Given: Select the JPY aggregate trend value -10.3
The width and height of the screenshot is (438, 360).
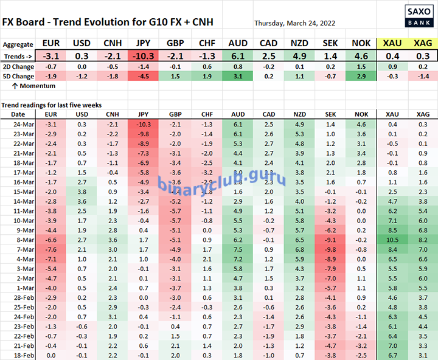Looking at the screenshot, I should click(x=144, y=55).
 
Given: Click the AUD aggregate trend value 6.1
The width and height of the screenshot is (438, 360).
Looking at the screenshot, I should click(x=237, y=55).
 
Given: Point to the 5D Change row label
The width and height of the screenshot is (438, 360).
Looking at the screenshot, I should click(x=18, y=76).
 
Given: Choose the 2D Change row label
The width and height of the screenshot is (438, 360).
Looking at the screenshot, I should click(x=18, y=66).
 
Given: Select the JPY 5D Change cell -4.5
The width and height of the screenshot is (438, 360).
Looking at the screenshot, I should click(x=144, y=76).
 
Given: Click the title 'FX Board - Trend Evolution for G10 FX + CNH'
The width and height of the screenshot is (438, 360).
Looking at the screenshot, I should click(x=108, y=22).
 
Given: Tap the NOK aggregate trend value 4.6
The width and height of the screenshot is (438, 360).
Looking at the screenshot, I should click(x=361, y=55).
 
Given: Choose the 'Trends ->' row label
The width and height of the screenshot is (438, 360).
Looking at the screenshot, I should click(x=18, y=55).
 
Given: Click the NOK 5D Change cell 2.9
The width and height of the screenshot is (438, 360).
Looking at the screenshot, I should click(x=361, y=76).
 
